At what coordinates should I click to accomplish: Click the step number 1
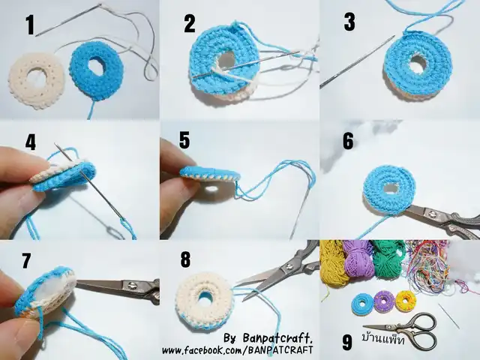click(30, 25)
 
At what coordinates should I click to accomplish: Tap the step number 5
click(184, 140)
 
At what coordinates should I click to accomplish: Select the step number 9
click(346, 342)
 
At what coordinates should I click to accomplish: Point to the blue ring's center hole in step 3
click(418, 62)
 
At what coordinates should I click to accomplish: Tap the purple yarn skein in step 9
click(358, 259)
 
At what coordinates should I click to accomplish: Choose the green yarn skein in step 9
click(388, 259)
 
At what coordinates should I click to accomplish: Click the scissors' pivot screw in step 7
click(132, 286)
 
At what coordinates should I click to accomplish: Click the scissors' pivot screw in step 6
click(433, 212)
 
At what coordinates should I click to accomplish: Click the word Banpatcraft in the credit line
click(277, 338)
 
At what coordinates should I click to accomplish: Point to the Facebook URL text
click(238, 349)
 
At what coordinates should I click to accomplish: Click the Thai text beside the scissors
click(383, 338)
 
